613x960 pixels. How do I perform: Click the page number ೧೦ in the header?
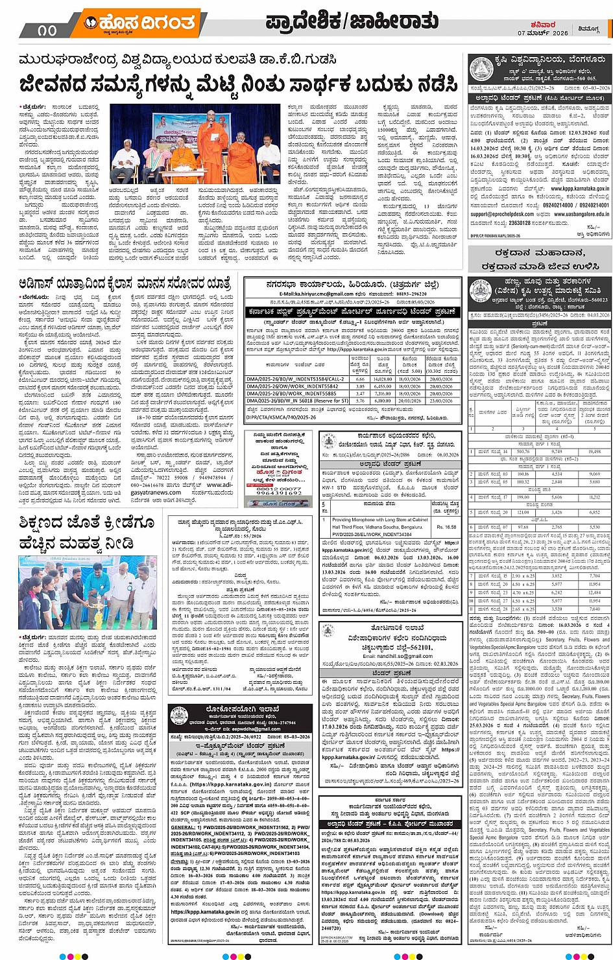tap(47, 29)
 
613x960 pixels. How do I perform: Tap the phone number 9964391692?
tap(279, 493)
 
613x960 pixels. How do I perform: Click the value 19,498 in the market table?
tap(594, 452)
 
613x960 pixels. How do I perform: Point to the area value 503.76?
tap(523, 452)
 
